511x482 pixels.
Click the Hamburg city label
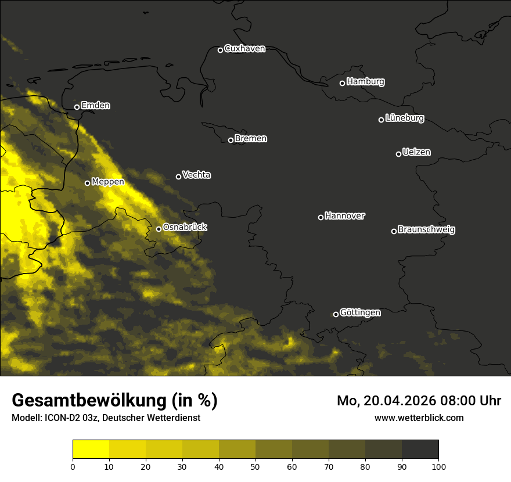(365, 82)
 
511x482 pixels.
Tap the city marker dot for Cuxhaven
(220, 50)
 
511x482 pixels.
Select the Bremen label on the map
(251, 139)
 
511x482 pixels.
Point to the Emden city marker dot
(77, 107)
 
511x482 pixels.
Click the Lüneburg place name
(404, 118)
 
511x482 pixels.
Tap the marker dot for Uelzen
(398, 154)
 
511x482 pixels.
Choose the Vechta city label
(196, 175)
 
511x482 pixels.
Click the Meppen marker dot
(87, 183)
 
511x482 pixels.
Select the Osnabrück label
(185, 227)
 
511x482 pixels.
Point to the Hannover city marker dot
(321, 217)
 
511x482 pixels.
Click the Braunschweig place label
(426, 229)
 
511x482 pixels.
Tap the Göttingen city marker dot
(336, 314)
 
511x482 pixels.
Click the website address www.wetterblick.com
(419, 418)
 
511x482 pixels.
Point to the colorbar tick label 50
(255, 466)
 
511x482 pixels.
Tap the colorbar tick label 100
(438, 466)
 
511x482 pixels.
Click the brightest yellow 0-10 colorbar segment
(91, 449)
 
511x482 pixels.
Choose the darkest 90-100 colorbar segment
(420, 449)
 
